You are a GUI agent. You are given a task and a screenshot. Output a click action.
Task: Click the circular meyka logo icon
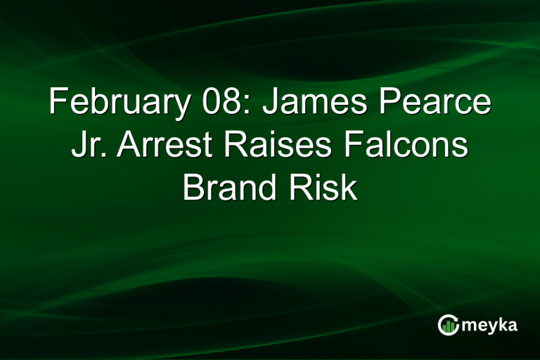click(x=448, y=324)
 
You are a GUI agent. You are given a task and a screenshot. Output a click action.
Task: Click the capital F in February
click(x=58, y=103)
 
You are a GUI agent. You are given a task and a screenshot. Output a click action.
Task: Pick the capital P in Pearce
click(x=388, y=103)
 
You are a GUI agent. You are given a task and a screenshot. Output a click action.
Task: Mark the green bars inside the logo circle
click(x=449, y=327)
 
